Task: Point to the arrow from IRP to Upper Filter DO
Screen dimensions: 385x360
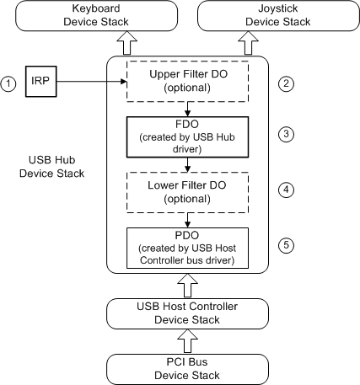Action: pos(93,82)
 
